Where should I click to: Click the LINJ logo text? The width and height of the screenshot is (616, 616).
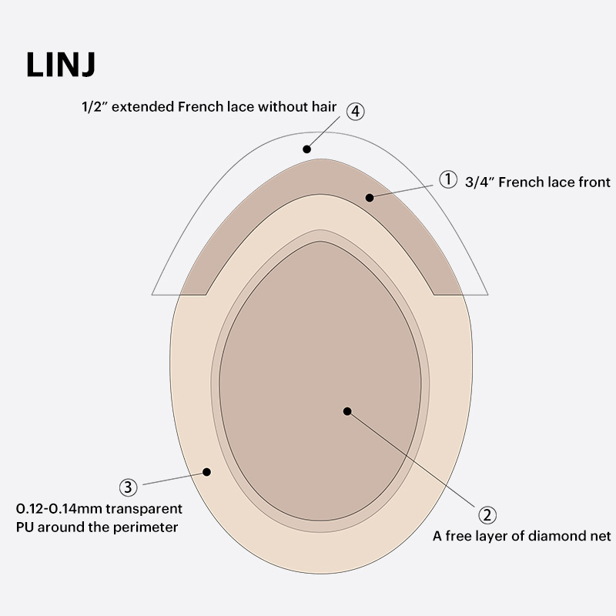61,65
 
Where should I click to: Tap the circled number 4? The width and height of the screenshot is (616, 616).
354,111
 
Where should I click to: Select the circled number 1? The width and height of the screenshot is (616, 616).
448,179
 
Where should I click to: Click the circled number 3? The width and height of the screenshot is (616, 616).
129,487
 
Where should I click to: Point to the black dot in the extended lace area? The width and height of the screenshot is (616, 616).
306,149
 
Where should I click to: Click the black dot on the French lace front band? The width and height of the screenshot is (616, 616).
370,197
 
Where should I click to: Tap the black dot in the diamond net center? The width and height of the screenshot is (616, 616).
347,411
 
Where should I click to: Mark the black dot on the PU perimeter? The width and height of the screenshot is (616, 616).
206,470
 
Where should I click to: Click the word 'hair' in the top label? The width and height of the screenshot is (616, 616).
323,108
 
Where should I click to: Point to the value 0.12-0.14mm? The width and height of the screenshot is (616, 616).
58,509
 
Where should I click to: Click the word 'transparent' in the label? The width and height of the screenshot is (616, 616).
143,509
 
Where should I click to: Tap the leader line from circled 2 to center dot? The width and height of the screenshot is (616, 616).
416,461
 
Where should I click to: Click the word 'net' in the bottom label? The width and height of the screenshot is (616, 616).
598,536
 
